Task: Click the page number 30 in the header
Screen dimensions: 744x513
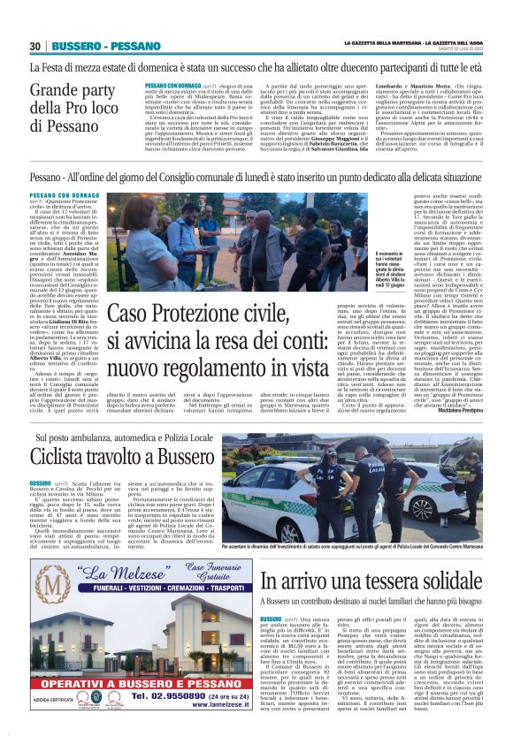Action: click(x=36, y=45)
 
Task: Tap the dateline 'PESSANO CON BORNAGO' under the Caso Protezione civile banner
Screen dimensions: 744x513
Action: click(x=63, y=194)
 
